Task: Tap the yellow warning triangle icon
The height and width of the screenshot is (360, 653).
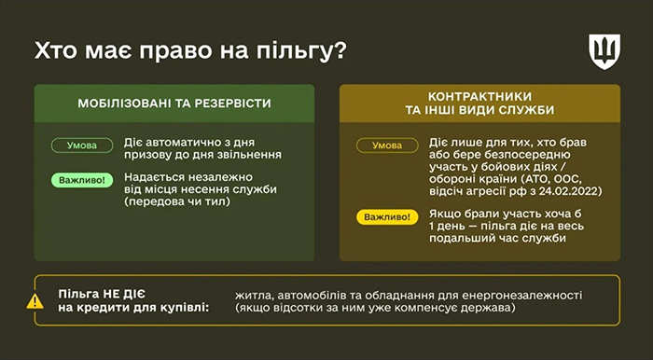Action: tap(35, 300)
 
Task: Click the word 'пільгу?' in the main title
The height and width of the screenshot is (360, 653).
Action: tap(299, 49)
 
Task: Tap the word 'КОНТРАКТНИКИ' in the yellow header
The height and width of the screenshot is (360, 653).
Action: tap(479, 95)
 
